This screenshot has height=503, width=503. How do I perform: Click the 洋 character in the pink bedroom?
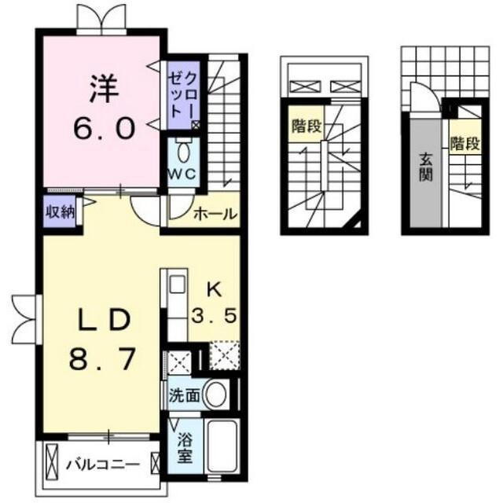pos(105,88)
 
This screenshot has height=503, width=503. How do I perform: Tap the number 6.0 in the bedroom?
pos(104,127)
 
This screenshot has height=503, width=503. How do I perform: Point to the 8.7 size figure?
pos(102,359)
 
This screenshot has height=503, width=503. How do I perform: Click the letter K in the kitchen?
pos(215,291)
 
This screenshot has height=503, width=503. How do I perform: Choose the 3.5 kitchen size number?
pos(214,315)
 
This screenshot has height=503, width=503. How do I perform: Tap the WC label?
pos(182,174)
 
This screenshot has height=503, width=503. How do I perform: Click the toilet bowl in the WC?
pos(183,152)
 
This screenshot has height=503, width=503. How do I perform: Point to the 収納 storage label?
pos(60,212)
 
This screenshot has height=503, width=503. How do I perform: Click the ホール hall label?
pos(215,214)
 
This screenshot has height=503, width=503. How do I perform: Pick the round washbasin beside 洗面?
pos(216,395)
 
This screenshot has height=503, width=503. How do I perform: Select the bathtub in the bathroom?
pos(222,446)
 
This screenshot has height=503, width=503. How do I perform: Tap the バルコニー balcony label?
pos(103,464)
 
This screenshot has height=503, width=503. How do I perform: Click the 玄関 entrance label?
pos(426,167)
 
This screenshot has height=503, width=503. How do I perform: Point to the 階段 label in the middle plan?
pos(307,126)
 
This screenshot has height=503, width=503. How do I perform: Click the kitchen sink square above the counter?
pos(177,284)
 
